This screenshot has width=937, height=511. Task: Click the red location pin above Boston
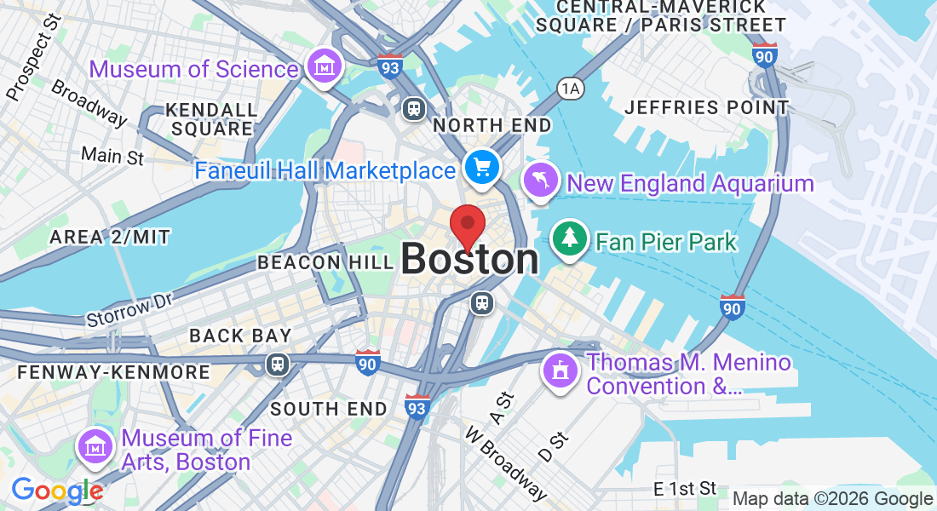point(468,225)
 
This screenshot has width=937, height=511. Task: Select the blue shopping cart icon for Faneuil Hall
point(483,167)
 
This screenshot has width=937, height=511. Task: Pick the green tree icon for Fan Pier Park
point(570,238)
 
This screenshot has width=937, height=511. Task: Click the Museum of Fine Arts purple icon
point(96,446)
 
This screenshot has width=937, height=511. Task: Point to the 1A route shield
point(569,87)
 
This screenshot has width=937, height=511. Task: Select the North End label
point(492,125)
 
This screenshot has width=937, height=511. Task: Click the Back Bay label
point(241,336)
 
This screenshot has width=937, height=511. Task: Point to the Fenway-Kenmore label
point(113,372)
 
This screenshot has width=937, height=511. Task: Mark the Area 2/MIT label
point(110,237)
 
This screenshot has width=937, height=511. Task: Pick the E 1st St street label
point(685,489)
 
